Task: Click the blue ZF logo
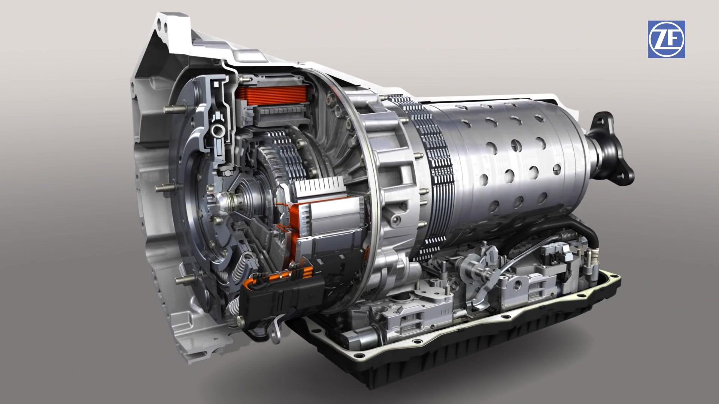coord(666,39)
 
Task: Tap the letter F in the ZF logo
coord(674,39)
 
